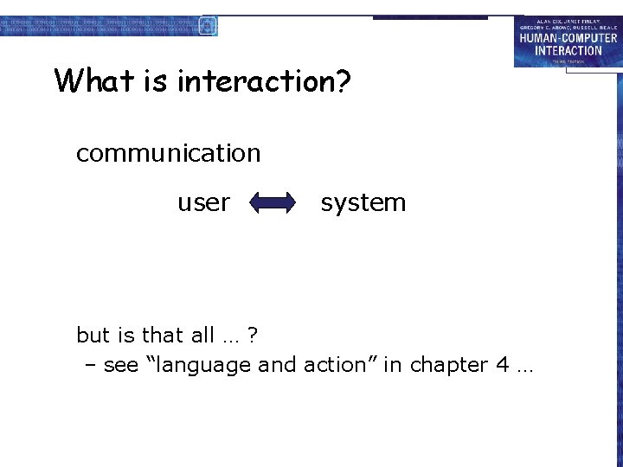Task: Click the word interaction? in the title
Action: (x=264, y=80)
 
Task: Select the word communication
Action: (x=168, y=153)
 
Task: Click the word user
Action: (x=203, y=202)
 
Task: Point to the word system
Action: (x=363, y=202)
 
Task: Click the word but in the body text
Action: (x=93, y=335)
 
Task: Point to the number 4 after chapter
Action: (x=502, y=365)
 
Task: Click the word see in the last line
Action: (x=120, y=366)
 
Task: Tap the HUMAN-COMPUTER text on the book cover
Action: (x=568, y=38)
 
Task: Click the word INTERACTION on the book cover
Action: (x=568, y=50)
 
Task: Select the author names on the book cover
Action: (x=568, y=24)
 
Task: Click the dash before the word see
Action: (x=90, y=366)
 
